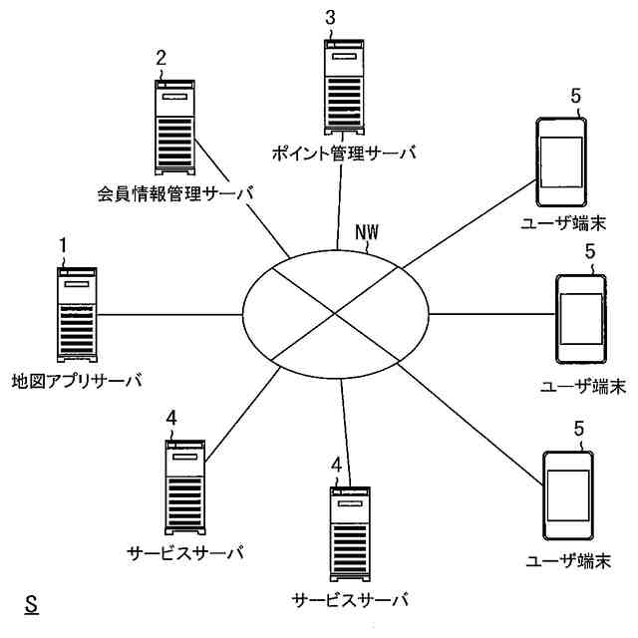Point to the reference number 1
tap(63, 244)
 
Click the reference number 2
tap(160, 57)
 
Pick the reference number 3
tap(331, 17)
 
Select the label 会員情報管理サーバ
tap(175, 192)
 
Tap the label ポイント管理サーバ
tap(342, 154)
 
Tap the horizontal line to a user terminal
tap(488, 315)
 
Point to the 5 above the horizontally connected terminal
tap(590, 252)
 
